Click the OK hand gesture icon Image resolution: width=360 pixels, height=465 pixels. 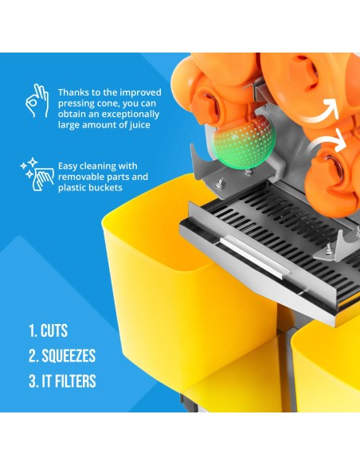(37, 100)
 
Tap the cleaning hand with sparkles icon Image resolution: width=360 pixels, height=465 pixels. (37, 174)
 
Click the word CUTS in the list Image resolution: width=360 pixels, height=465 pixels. (54, 330)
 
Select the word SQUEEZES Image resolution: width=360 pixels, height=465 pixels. (68, 356)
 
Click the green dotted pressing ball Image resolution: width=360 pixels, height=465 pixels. (243, 145)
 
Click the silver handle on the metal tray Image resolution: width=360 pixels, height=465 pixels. (254, 257)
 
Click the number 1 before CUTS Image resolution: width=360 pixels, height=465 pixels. (32, 330)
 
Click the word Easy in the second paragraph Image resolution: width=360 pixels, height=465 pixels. (68, 166)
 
